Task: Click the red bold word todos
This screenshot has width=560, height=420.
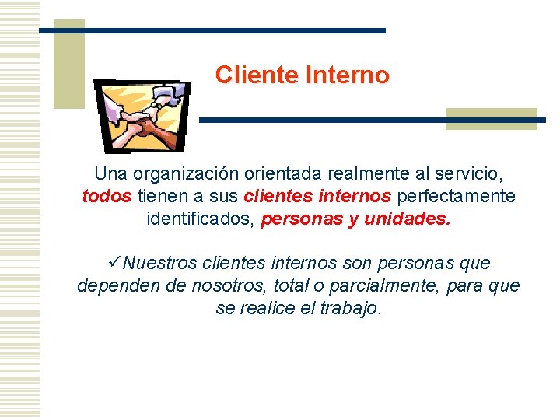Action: click(x=106, y=196)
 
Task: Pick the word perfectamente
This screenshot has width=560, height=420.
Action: click(x=456, y=196)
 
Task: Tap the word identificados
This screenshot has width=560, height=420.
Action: click(x=200, y=219)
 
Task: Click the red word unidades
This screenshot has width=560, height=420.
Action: click(x=407, y=219)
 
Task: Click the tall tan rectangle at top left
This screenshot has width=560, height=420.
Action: click(x=68, y=64)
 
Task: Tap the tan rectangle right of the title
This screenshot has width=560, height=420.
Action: click(x=492, y=117)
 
